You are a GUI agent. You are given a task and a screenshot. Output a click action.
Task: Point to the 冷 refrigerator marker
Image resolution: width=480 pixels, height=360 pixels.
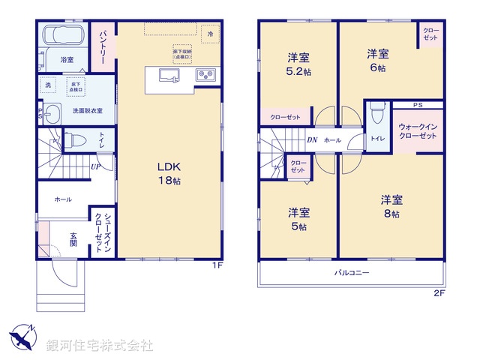click(x=211, y=34)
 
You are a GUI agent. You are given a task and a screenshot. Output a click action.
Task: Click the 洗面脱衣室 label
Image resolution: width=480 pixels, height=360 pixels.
click(x=87, y=111)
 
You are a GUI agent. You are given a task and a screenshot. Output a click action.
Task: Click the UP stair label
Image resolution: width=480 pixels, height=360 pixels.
click(x=97, y=166)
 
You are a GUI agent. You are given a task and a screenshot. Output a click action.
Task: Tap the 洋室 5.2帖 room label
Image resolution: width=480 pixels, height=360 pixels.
click(x=298, y=64)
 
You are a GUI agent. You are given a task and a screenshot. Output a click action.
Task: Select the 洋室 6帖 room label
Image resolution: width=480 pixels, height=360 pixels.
click(x=377, y=60)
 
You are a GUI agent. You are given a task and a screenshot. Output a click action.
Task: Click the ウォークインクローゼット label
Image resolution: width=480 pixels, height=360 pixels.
click(x=417, y=133)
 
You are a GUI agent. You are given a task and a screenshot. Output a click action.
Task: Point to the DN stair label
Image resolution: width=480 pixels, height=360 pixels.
click(x=311, y=140)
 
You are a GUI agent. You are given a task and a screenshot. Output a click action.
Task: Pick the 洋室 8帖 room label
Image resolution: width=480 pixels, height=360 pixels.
click(x=391, y=206)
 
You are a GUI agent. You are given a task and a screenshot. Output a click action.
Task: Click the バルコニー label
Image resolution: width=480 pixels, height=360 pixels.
click(x=352, y=273)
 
